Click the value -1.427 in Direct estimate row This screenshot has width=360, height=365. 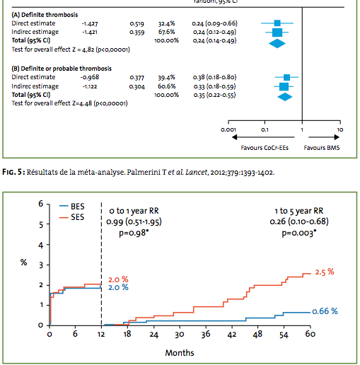coord(90,23)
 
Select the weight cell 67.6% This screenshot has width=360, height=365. coord(166,32)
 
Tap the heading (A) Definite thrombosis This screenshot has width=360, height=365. coord(45,15)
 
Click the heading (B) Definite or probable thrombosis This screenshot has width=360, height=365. coord(62,69)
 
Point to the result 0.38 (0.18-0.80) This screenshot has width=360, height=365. coord(214,77)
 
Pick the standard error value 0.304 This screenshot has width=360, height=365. coord(137,86)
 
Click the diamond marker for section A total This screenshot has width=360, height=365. coord(277,44)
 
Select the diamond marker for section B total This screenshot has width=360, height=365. coord(285,97)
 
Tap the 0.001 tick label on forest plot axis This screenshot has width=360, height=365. coord(228,129)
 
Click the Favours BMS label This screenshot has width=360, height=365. coord(322,148)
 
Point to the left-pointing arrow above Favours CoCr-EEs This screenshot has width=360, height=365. coord(263,137)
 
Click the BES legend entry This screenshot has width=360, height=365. coord(72,207)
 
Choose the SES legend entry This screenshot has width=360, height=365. coord(72,217)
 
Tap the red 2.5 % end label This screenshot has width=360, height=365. coord(325,272)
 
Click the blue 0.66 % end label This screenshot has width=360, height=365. coord(325,311)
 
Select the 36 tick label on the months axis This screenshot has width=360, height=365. coord(206,334)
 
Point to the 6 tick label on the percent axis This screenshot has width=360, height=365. coord(41,204)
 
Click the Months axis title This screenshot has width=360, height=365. coord(180,353)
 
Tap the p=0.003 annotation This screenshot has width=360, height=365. coord(299,233)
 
